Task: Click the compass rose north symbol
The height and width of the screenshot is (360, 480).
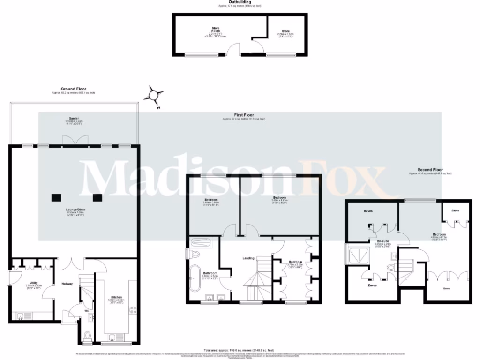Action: (153, 95)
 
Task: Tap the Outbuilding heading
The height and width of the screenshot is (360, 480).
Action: (240, 2)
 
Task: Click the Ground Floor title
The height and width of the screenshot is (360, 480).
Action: (73, 89)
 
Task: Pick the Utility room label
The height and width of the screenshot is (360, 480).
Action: (33, 283)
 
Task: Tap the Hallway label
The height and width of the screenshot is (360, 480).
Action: (67, 284)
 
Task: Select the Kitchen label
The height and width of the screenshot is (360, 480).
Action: (116, 297)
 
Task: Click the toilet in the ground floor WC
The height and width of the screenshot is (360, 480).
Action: (88, 336)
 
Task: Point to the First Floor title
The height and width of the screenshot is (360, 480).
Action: (244, 115)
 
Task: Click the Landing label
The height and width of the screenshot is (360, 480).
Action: (248, 258)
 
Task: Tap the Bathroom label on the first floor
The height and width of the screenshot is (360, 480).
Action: (210, 273)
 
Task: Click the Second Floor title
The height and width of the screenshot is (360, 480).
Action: (430, 170)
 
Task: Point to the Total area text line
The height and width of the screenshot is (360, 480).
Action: (240, 350)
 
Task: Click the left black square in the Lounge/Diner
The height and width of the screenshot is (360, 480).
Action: (57, 197)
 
